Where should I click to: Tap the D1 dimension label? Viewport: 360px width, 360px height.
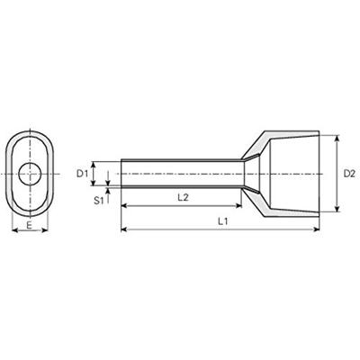(82, 172)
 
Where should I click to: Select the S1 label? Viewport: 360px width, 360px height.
(99, 200)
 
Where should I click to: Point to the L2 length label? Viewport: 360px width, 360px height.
(181, 196)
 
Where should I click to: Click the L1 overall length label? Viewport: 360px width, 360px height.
(221, 221)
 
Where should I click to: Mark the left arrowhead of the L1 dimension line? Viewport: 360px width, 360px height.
(123, 232)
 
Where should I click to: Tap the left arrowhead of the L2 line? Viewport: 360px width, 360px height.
(123, 206)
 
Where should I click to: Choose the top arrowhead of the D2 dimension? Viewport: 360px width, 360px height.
(337, 138)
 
